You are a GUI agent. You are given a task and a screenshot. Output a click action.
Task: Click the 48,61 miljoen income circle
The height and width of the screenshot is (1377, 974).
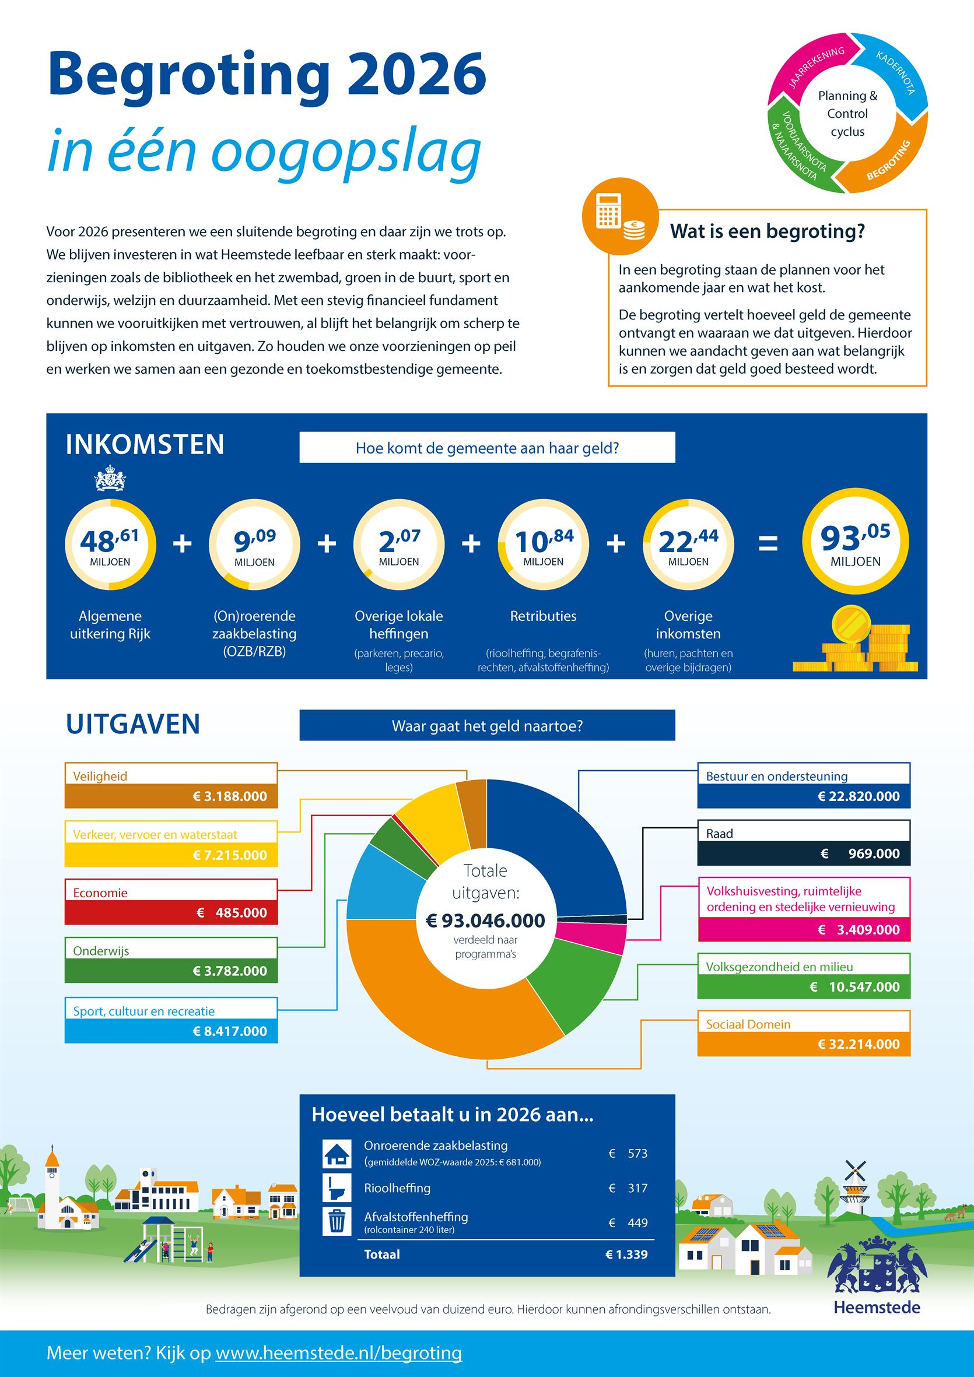(110, 544)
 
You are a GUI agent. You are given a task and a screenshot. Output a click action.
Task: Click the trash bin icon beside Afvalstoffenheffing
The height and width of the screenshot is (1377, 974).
(337, 1222)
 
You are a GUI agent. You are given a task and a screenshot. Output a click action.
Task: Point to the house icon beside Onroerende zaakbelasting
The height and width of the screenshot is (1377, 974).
(337, 1153)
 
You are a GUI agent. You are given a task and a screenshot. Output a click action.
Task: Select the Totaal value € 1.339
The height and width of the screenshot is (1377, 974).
(626, 1254)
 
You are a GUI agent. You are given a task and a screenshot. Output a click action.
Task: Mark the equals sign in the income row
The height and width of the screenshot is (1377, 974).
(769, 543)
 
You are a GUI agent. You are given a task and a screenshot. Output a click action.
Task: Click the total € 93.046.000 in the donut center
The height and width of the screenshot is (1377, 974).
(485, 920)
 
